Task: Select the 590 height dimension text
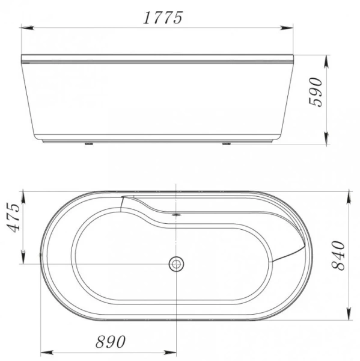[x=317, y=91]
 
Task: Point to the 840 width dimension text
[x=339, y=255]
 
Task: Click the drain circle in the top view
[x=177, y=264]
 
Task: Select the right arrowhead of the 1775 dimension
[x=288, y=27]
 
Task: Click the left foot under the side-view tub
[x=88, y=144]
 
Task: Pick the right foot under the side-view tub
[x=227, y=144]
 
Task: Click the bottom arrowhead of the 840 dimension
[x=349, y=316]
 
